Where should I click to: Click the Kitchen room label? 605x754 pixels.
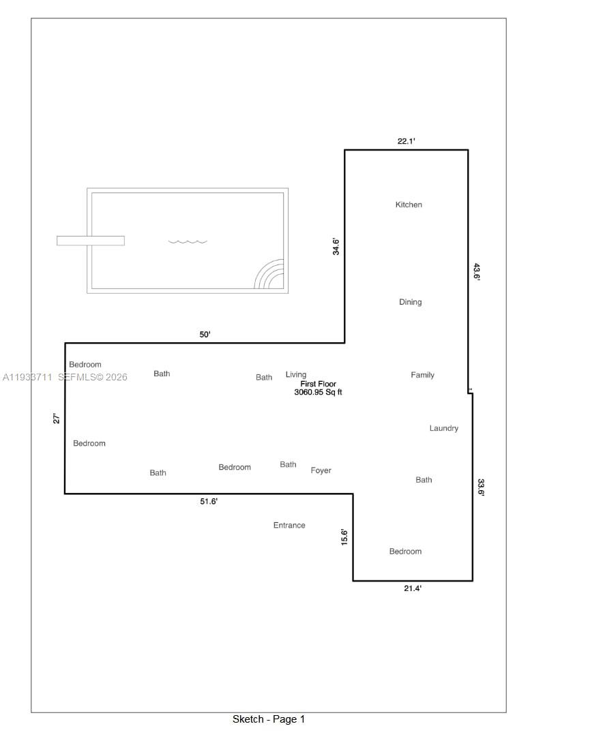coord(409,205)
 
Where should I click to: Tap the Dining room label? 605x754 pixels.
coord(410,302)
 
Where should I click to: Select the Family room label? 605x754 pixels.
coord(422,375)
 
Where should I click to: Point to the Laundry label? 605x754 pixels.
coord(443,428)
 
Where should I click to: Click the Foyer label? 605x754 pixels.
coord(321,470)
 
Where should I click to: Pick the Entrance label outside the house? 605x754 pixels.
coord(289,525)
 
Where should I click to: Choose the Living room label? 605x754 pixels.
coord(296,374)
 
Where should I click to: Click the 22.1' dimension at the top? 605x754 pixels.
coord(407,141)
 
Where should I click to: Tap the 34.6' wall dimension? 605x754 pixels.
coord(336,246)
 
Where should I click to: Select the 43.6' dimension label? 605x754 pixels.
coord(477,272)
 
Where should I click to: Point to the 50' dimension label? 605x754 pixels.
coord(205,335)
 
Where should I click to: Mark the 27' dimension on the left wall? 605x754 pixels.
coord(57,419)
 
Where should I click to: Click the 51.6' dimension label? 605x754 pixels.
coord(209,502)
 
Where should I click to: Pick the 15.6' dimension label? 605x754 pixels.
coord(344,537)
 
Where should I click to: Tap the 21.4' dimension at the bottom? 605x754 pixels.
coord(413,588)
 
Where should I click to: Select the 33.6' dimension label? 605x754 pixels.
coord(481,487)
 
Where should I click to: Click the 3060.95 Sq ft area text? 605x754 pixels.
coord(318,393)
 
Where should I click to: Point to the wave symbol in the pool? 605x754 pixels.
coord(188,241)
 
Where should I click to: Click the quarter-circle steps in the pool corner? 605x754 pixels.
coord(271,275)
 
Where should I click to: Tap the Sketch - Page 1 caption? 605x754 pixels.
coord(269,719)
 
